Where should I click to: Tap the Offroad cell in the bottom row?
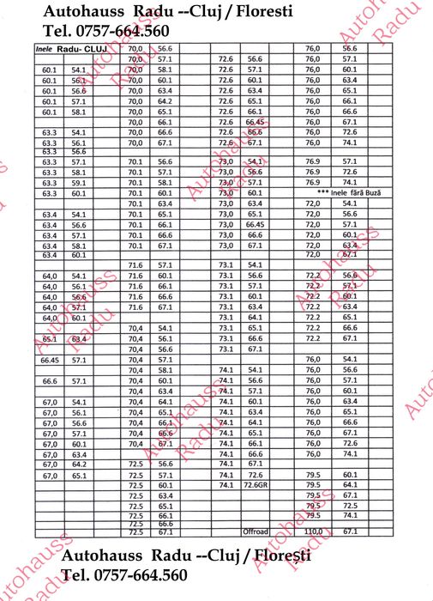(x=256, y=532)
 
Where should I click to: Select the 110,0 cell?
(x=313, y=532)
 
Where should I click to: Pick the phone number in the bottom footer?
(x=124, y=575)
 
